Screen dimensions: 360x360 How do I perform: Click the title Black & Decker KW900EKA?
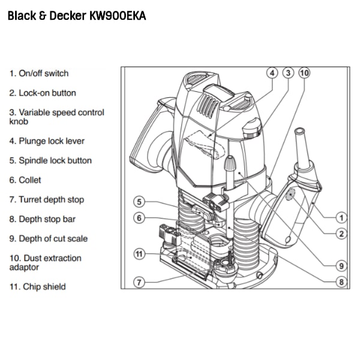[x=77, y=16]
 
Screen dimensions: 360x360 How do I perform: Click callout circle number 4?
[x=272, y=73]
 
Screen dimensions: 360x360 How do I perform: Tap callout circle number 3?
[x=288, y=73]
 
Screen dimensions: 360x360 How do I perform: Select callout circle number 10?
[x=304, y=73]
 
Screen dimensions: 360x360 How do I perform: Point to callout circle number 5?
[x=139, y=202]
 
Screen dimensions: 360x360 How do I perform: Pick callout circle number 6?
[x=139, y=218]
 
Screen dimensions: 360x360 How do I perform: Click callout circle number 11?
[x=139, y=254]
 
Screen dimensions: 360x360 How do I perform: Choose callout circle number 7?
[x=139, y=282]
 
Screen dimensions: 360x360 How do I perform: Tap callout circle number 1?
[x=341, y=218]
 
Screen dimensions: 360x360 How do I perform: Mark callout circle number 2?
[x=341, y=234]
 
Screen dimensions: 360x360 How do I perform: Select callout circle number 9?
[x=341, y=266]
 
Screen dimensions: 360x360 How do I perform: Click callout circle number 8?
[x=341, y=282]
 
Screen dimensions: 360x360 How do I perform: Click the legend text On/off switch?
[x=44, y=73]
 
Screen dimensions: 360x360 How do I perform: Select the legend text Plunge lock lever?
[x=52, y=141]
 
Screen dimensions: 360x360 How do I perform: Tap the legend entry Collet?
[x=30, y=180]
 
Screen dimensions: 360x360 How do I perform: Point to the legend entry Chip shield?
[x=44, y=287]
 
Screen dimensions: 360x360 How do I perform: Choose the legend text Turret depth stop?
[x=52, y=200]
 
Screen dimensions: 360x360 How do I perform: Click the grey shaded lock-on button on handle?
[x=290, y=194]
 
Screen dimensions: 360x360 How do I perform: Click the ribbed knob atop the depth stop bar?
[x=230, y=163]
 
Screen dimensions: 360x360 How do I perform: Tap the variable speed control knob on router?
[x=253, y=128]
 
